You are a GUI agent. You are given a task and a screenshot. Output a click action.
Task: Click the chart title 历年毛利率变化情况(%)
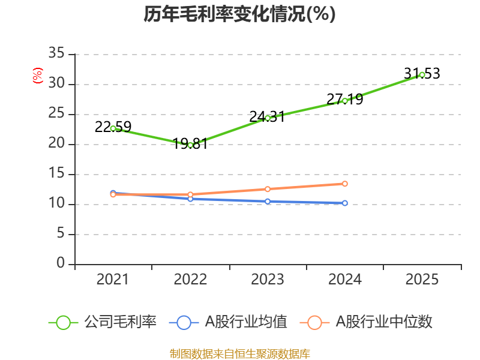(x=239, y=14)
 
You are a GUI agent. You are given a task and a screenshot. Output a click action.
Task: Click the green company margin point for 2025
(x=422, y=74)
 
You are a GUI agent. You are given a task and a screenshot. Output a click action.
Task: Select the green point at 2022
(x=190, y=145)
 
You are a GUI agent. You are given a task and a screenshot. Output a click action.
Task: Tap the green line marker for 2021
(x=113, y=128)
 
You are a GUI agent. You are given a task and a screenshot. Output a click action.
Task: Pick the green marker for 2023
(x=268, y=118)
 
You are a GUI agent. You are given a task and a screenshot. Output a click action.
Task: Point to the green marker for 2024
(x=345, y=101)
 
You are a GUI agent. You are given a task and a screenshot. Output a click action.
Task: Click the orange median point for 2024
(x=345, y=184)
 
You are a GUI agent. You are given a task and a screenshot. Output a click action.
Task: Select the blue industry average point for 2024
(x=345, y=203)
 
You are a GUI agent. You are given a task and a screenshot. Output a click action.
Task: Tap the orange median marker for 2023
(x=268, y=189)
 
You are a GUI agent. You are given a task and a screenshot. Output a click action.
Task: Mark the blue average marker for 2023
(x=268, y=201)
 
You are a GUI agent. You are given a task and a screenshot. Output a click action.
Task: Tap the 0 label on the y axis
(x=61, y=264)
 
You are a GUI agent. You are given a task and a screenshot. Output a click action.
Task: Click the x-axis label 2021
(x=113, y=280)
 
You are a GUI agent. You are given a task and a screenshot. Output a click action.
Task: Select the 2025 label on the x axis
(x=422, y=280)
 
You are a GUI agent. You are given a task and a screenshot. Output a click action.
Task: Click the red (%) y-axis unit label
(x=38, y=76)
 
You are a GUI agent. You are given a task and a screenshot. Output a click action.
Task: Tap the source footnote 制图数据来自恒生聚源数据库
(x=239, y=353)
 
